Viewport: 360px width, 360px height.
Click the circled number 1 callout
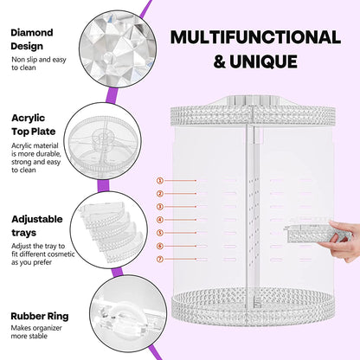point(160,180)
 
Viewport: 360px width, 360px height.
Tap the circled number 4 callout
point(160,220)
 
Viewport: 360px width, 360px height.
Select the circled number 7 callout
point(160,259)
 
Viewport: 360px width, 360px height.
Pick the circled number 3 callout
point(160,207)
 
